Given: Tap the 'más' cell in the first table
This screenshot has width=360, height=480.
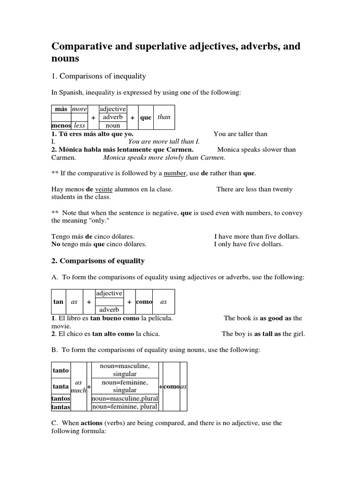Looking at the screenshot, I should coord(61,109).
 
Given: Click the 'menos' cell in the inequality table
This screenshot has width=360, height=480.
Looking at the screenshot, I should coord(61,126).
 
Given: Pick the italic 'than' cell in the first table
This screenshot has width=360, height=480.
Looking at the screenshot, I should coord(164,117).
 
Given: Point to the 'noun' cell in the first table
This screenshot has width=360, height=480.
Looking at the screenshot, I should coord(112,126).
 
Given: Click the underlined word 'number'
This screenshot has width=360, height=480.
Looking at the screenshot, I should coord(175,173).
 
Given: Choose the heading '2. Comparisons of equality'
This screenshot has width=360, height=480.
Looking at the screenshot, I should coord(97,261).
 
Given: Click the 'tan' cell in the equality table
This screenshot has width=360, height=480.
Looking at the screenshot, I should coord(58,302).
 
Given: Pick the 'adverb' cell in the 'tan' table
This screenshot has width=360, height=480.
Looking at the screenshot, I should coord(109,310).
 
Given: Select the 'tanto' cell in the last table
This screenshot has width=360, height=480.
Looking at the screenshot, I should coord(60,370).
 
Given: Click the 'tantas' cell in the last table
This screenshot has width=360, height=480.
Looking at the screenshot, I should coord(60,407).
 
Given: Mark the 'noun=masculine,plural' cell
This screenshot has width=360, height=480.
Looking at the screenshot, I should coord(124,398).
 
